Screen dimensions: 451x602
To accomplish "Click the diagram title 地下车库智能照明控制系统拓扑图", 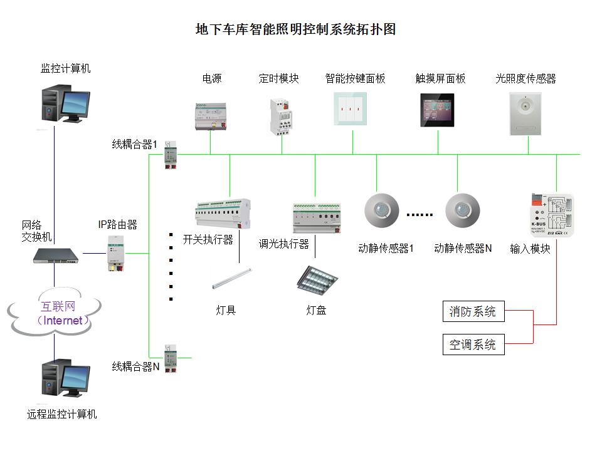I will [x=296, y=29].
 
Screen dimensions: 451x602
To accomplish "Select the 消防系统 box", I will [x=472, y=311].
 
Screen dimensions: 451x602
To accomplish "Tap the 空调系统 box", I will [x=472, y=344].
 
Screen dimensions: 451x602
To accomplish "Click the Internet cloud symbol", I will [x=55, y=313].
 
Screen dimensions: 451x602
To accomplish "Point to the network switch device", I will [x=57, y=255].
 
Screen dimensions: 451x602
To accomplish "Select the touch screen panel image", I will [x=437, y=110].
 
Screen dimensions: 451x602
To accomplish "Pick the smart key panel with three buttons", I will [x=350, y=109].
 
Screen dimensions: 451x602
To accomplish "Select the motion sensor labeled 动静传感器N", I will [x=462, y=211].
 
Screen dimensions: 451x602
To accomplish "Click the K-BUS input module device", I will [x=551, y=215].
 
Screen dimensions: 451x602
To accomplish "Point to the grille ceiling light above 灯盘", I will [x=317, y=279].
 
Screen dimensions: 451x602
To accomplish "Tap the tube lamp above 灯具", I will [x=232, y=279].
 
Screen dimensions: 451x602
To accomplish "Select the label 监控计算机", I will [x=65, y=68].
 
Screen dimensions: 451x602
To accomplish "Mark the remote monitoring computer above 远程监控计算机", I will [x=65, y=378].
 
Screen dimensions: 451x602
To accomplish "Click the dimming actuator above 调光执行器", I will [x=316, y=217].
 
